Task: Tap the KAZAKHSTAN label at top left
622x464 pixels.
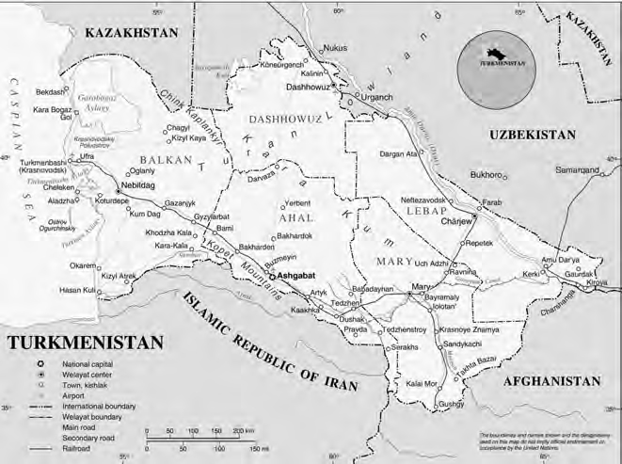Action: (131, 33)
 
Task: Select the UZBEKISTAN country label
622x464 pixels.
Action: (533, 136)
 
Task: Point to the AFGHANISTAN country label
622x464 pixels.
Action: (550, 381)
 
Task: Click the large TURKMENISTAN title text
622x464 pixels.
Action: (84, 342)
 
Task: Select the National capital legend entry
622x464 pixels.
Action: (93, 363)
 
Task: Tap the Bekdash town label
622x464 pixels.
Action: (51, 92)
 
